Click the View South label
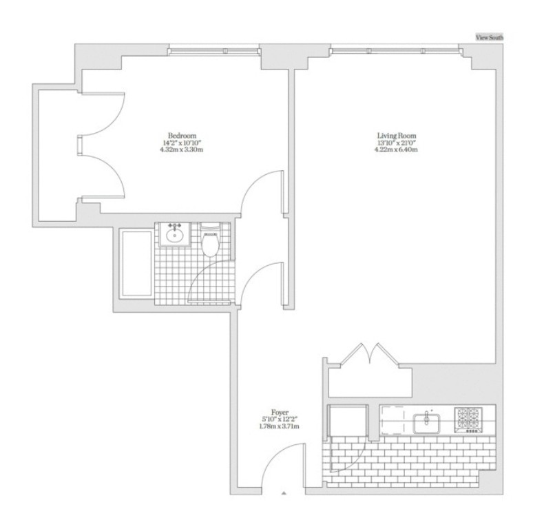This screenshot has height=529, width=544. [490, 38]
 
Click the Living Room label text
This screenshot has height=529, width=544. [396, 135]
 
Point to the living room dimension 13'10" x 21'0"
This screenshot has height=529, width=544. [396, 143]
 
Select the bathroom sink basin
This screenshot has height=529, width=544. [174, 236]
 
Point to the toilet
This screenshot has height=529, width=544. [211, 242]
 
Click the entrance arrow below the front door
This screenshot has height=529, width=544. [284, 493]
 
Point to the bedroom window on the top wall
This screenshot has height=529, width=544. [214, 51]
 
